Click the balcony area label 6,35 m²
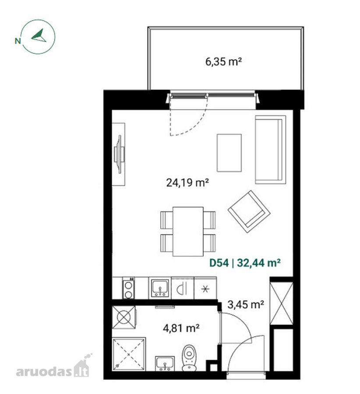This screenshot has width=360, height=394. point(223,62)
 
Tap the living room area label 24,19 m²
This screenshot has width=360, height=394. point(187,183)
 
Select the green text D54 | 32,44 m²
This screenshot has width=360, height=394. point(245,263)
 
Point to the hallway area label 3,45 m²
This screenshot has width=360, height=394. point(246,305)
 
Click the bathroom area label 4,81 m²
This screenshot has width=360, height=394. point(181,328)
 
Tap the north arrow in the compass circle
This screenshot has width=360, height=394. point(39,35)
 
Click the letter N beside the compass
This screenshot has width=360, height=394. point(18,41)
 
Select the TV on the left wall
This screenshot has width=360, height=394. point(119,154)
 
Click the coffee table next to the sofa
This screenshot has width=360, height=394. point(229,153)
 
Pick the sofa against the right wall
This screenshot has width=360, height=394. point(271,150)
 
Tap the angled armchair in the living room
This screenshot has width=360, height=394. point(249,211)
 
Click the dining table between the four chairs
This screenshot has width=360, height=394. point(188,232)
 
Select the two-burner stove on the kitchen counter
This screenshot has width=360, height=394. point(128,288)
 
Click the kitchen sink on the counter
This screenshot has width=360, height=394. point(160,288)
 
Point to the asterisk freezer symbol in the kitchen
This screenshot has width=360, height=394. point(205,289)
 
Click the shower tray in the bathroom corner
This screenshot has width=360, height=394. point(129,354)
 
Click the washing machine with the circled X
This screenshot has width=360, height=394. point(124,317)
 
